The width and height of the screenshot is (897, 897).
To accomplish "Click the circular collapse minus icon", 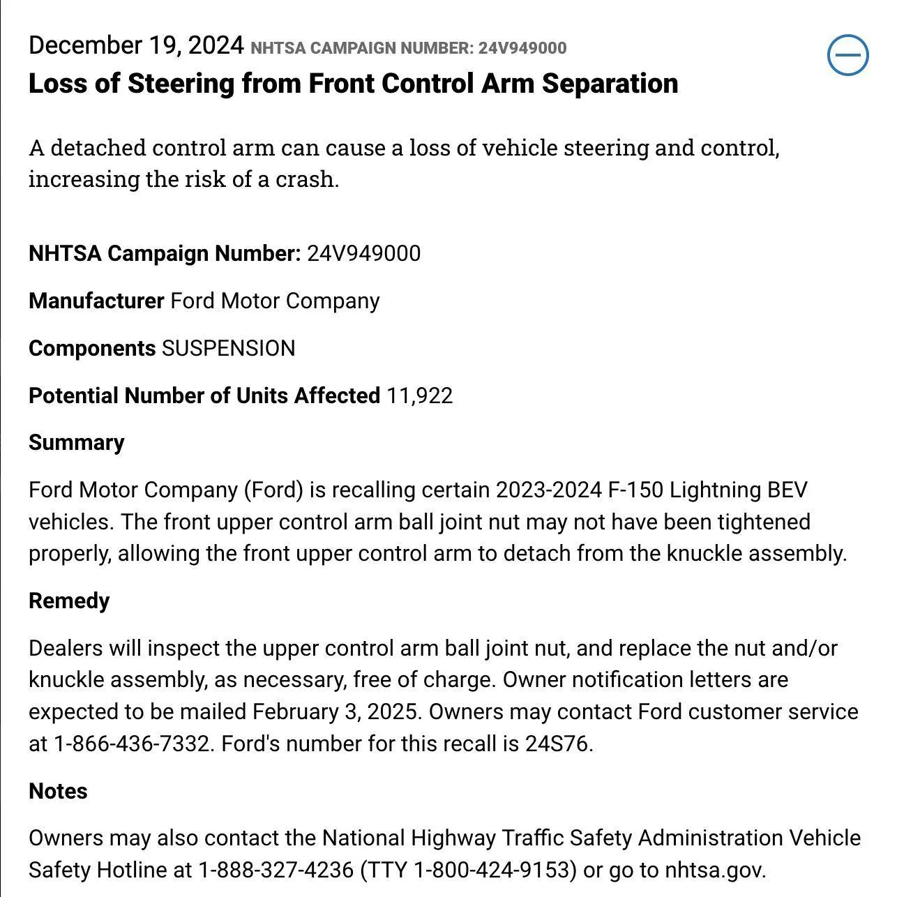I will coord(847,55).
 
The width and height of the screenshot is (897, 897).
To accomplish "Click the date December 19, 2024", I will coord(136,45).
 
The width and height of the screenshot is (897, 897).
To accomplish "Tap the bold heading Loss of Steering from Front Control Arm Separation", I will coord(353,84).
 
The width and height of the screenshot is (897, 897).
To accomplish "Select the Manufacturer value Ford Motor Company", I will coord(275,301).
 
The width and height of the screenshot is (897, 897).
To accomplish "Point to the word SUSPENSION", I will coord(228,348).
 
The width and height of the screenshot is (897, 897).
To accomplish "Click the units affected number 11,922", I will coord(419,395).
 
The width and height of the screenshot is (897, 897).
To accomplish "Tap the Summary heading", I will coord(77,442).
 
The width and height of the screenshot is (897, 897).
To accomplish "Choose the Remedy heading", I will coord(69,601).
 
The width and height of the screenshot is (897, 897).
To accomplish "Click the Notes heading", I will coord(58,791).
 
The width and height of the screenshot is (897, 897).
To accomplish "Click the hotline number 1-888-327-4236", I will coord(276,870).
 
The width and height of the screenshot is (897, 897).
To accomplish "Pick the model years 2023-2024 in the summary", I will coord(548,490).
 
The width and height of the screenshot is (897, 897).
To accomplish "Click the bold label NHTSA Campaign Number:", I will coord(165,253).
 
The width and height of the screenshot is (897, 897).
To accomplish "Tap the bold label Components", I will coord(92,348).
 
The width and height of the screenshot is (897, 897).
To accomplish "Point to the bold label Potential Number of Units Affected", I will coord(204,395).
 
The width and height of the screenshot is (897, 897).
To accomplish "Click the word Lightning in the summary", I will coord(715,490).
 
